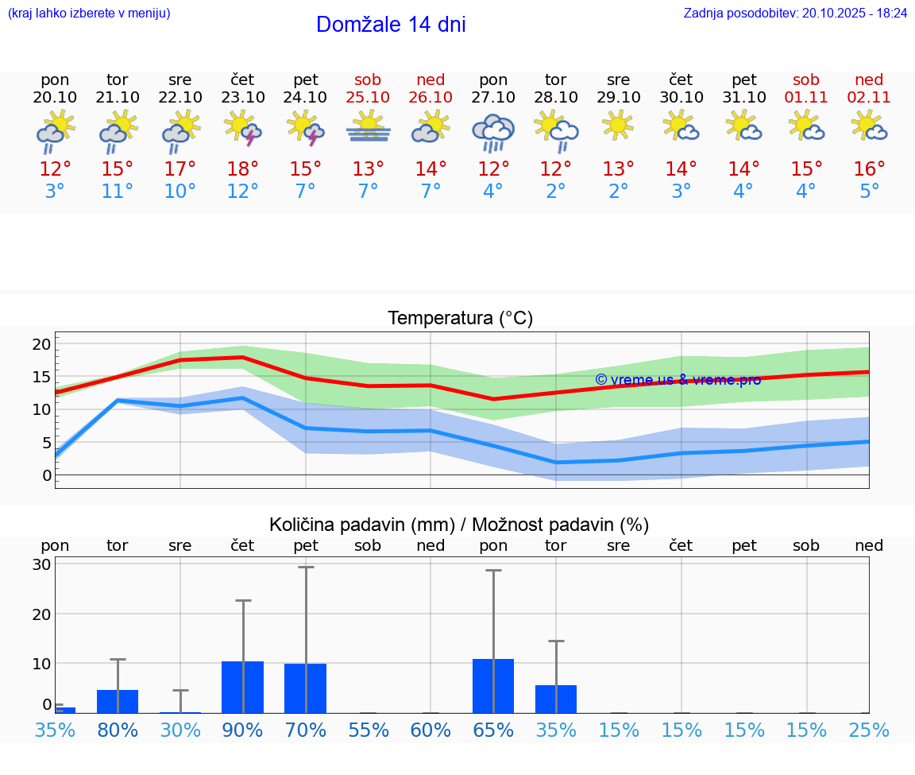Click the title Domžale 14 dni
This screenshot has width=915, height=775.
(391, 25)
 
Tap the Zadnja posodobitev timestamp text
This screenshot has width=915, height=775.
(795, 13)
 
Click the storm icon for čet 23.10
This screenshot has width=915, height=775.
(243, 129)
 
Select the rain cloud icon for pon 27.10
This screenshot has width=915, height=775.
(493, 131)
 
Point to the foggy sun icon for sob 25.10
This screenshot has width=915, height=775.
(368, 127)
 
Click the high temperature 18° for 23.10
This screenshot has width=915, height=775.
(242, 169)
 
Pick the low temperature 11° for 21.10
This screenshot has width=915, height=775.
(117, 192)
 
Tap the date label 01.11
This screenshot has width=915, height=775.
(806, 98)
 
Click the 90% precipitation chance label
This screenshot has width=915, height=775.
(243, 730)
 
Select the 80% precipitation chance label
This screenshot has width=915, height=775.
(118, 730)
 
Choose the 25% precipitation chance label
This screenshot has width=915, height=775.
(869, 730)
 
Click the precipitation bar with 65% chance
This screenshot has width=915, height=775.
(493, 686)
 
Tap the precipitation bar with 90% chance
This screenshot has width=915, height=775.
(243, 687)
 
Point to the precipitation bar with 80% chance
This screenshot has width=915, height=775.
(118, 701)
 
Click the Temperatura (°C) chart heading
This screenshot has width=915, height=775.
(460, 319)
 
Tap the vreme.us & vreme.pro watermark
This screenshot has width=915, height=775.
(678, 379)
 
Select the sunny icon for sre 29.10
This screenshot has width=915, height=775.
(619, 126)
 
